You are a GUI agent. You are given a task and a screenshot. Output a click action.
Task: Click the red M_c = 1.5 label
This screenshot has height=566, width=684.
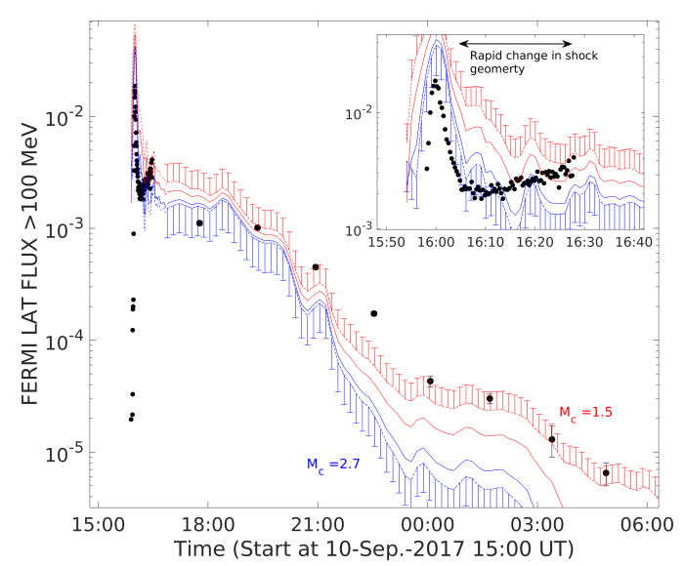coord(585,412)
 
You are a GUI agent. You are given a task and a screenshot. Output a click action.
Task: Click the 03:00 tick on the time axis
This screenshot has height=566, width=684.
coord(538,524)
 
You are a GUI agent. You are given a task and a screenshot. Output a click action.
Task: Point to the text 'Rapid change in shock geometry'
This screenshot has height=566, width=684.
coord(533,62)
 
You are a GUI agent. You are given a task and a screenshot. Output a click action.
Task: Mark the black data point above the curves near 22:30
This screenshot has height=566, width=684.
coord(374,313)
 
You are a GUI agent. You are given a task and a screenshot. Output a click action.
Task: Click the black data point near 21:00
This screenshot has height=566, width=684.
coord(316,266)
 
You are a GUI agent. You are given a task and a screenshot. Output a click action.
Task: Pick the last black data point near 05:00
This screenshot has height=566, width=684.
coord(606,472)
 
